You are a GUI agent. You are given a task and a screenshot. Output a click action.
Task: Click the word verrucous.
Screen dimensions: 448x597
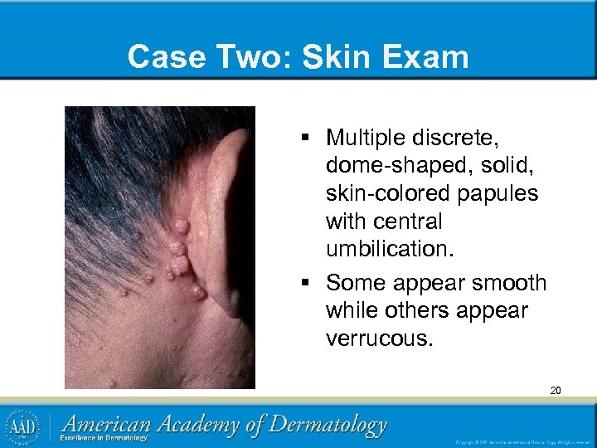380,338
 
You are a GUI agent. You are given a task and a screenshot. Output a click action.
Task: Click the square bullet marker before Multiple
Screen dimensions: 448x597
307,136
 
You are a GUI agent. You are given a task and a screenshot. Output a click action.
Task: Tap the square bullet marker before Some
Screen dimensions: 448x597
307,283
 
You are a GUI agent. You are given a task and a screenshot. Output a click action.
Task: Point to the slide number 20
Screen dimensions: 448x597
555,390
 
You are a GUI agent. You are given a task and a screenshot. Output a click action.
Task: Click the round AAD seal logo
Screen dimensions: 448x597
22,426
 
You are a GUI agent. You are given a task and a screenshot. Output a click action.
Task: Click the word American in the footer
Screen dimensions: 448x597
111,424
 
